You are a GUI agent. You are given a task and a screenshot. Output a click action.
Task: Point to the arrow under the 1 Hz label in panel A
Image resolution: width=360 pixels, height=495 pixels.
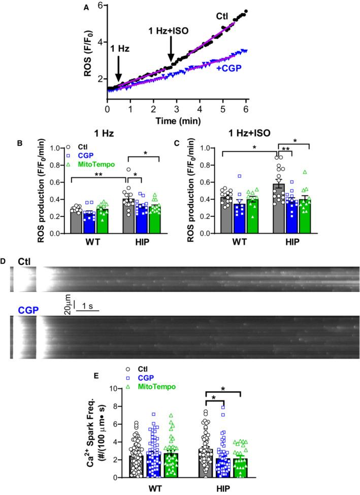[118, 68]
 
